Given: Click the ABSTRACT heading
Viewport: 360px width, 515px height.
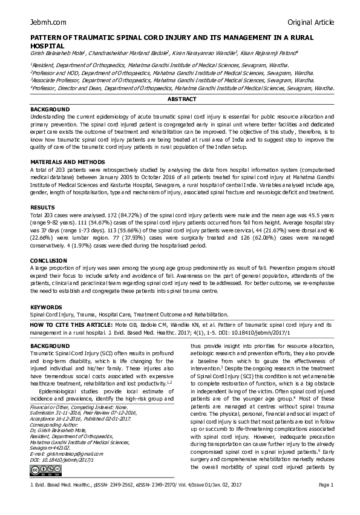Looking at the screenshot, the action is pyautogui.click(x=182, y=99).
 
